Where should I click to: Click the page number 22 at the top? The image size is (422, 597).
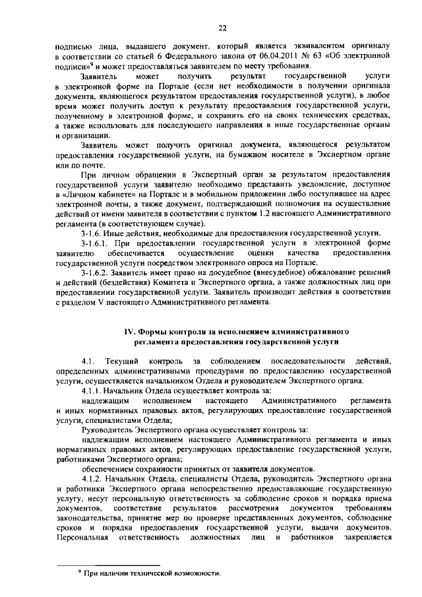point(223,27)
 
